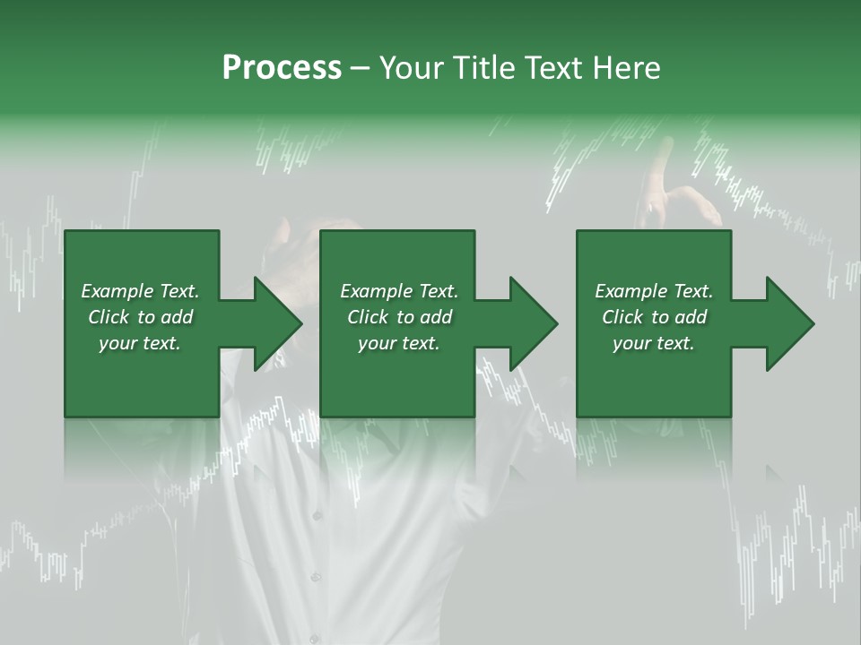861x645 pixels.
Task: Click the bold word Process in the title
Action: (x=282, y=68)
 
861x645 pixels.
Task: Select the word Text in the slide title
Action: (x=555, y=68)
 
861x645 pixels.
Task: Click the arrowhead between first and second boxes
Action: (x=277, y=323)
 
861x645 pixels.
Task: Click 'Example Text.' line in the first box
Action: (x=140, y=291)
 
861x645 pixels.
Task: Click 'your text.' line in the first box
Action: (x=140, y=343)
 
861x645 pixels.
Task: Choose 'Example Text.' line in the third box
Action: (x=654, y=291)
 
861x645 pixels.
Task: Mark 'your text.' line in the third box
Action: (x=654, y=343)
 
